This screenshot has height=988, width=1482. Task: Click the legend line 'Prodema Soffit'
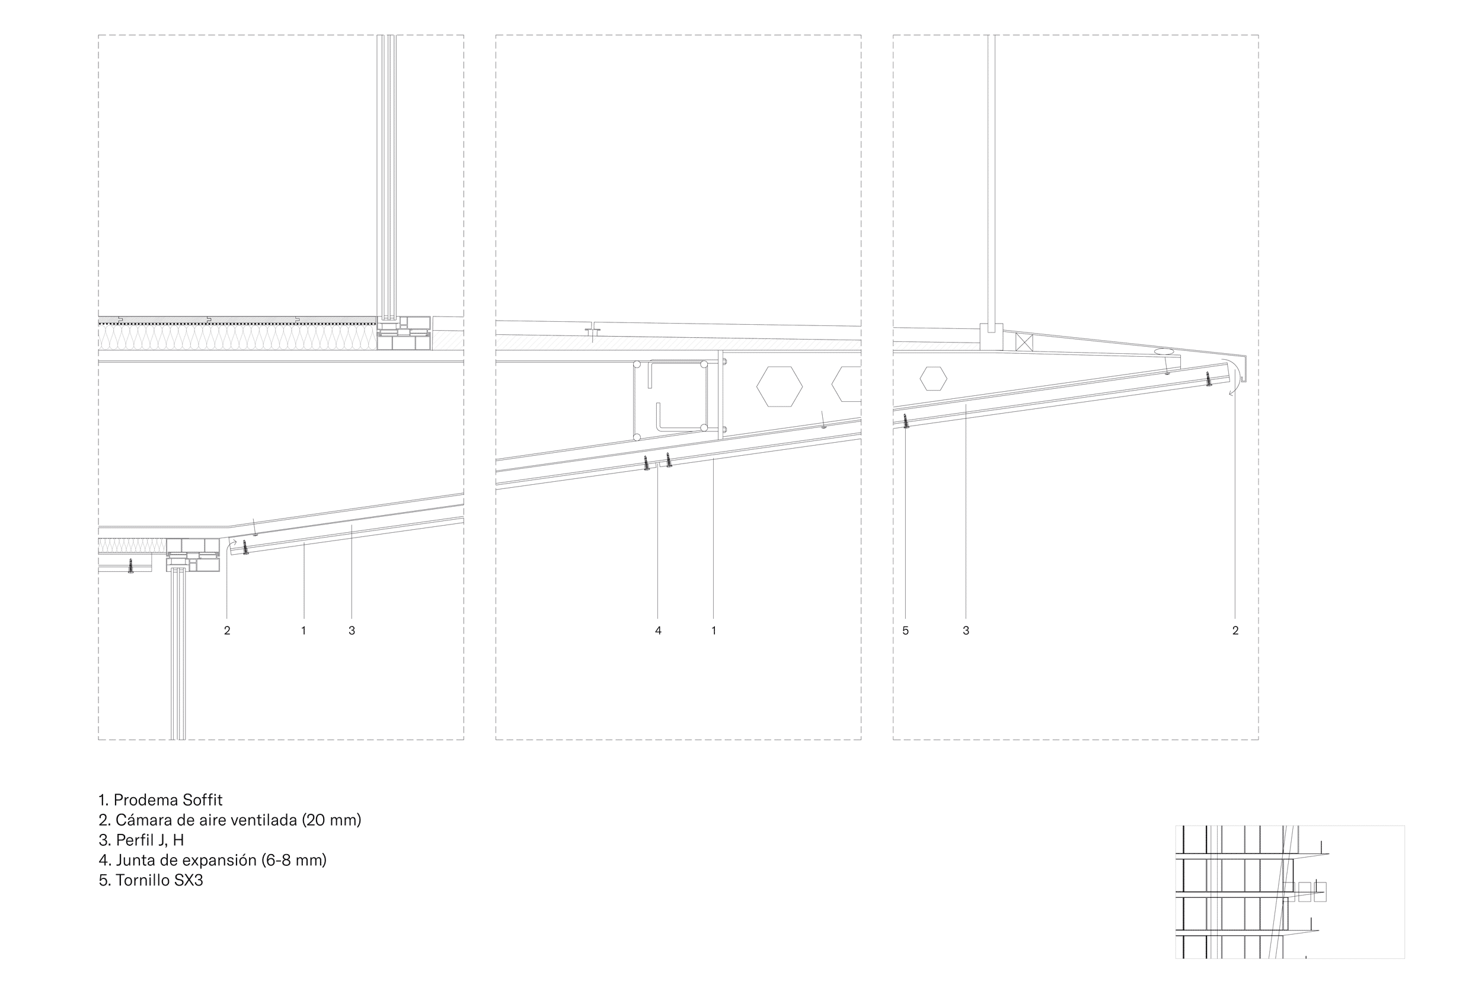coord(161,800)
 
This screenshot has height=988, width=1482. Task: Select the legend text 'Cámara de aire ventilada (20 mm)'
coord(230,820)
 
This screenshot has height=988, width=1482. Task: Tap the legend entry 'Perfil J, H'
coord(141,840)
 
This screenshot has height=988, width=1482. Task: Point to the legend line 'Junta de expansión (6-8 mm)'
coord(212,860)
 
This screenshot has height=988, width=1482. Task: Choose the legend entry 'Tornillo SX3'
coord(151,880)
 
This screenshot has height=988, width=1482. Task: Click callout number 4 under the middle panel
coord(658,630)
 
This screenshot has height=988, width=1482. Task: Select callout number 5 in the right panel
coord(905,630)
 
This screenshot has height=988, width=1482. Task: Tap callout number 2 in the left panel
coord(227,630)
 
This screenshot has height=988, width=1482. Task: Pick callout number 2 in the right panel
coord(1235,630)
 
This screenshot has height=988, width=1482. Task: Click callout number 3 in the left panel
coord(352,630)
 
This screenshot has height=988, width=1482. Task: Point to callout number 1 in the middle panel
coord(713,630)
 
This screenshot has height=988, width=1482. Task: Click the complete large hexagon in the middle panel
coord(780,386)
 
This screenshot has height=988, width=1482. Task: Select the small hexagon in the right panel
coord(933,379)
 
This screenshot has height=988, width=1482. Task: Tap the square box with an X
coord(1024,342)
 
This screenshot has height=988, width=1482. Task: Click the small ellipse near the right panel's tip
coord(1164,351)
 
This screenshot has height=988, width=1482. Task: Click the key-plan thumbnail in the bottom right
coord(1289,891)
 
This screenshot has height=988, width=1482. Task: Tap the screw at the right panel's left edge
coord(906,421)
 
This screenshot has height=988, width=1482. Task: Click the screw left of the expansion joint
coord(647,463)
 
